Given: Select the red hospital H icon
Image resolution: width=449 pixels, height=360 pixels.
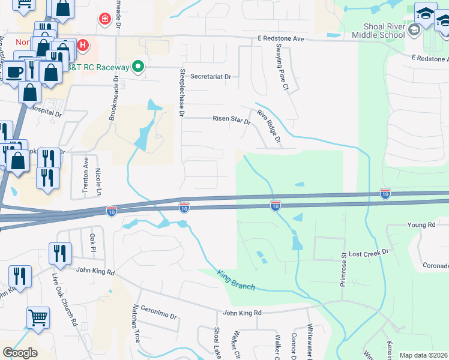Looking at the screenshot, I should point(83,45).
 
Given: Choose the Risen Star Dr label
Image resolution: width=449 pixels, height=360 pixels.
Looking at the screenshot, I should point(231,119).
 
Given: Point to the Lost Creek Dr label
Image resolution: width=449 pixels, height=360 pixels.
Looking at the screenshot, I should point(369,254).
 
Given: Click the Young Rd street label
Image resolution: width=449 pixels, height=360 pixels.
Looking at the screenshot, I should point(421,225).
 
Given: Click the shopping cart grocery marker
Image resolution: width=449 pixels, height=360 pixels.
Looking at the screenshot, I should point(38,317).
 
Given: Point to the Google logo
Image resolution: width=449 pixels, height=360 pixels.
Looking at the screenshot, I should point(20,353).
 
